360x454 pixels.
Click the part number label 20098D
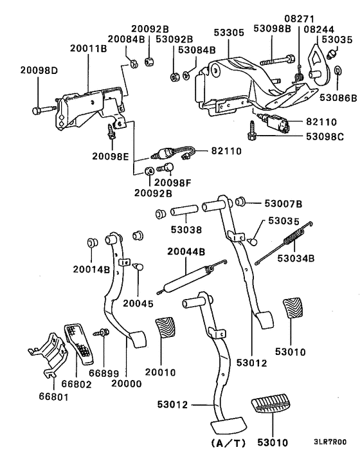(x=39, y=87)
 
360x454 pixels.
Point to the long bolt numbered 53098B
(x=276, y=62)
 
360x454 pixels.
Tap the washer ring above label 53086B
(x=339, y=86)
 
